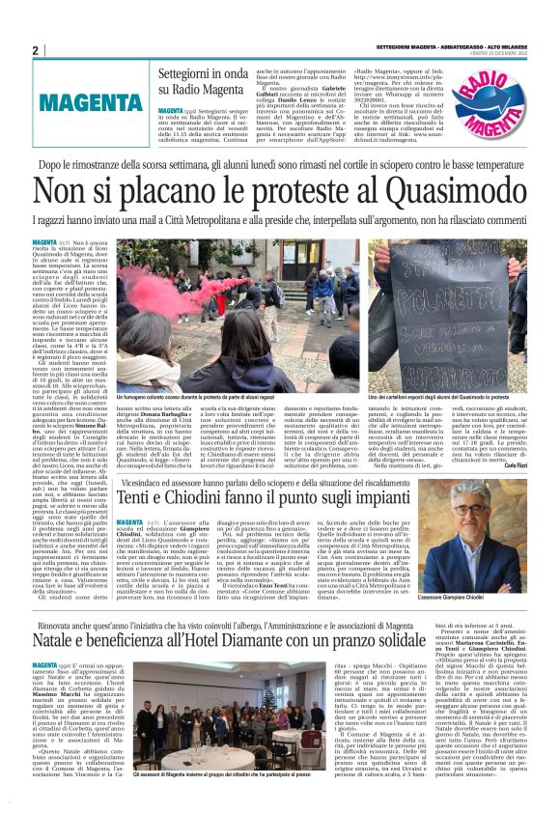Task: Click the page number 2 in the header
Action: [35, 50]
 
